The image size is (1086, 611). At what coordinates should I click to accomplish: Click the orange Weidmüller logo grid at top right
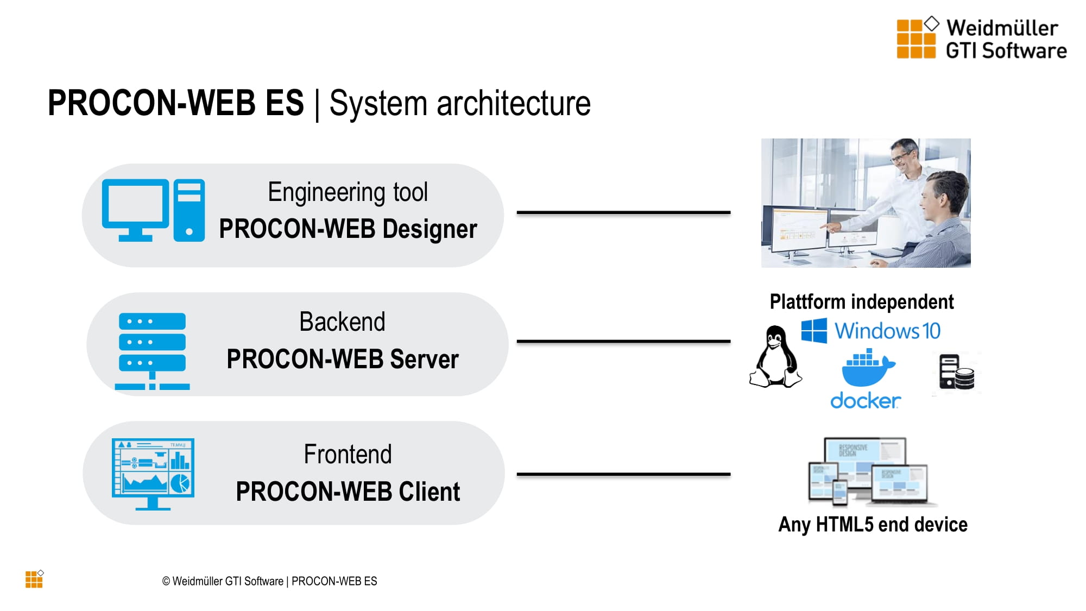point(915,39)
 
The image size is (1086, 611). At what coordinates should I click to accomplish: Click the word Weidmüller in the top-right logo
point(1002,28)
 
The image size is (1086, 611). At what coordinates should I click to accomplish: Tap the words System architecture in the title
point(459,103)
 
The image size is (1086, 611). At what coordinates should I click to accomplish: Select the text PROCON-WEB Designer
point(348,229)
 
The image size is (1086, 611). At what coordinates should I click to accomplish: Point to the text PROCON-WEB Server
point(342,359)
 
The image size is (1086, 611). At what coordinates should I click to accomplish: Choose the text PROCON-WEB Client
point(348,492)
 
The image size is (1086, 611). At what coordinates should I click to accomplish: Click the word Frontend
point(348,454)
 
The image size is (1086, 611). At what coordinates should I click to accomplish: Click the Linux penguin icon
point(775,357)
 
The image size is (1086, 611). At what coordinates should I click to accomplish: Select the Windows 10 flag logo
point(814,330)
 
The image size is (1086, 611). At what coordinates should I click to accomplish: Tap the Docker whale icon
point(867,368)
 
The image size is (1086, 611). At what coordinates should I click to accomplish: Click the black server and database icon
point(956,373)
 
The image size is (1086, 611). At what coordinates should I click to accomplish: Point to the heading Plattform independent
point(861,301)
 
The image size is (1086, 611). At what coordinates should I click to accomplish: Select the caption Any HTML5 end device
point(873,524)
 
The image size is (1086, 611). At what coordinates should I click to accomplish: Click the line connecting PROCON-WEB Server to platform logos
point(623,341)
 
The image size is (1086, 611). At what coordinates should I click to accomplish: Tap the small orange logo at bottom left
point(34,579)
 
